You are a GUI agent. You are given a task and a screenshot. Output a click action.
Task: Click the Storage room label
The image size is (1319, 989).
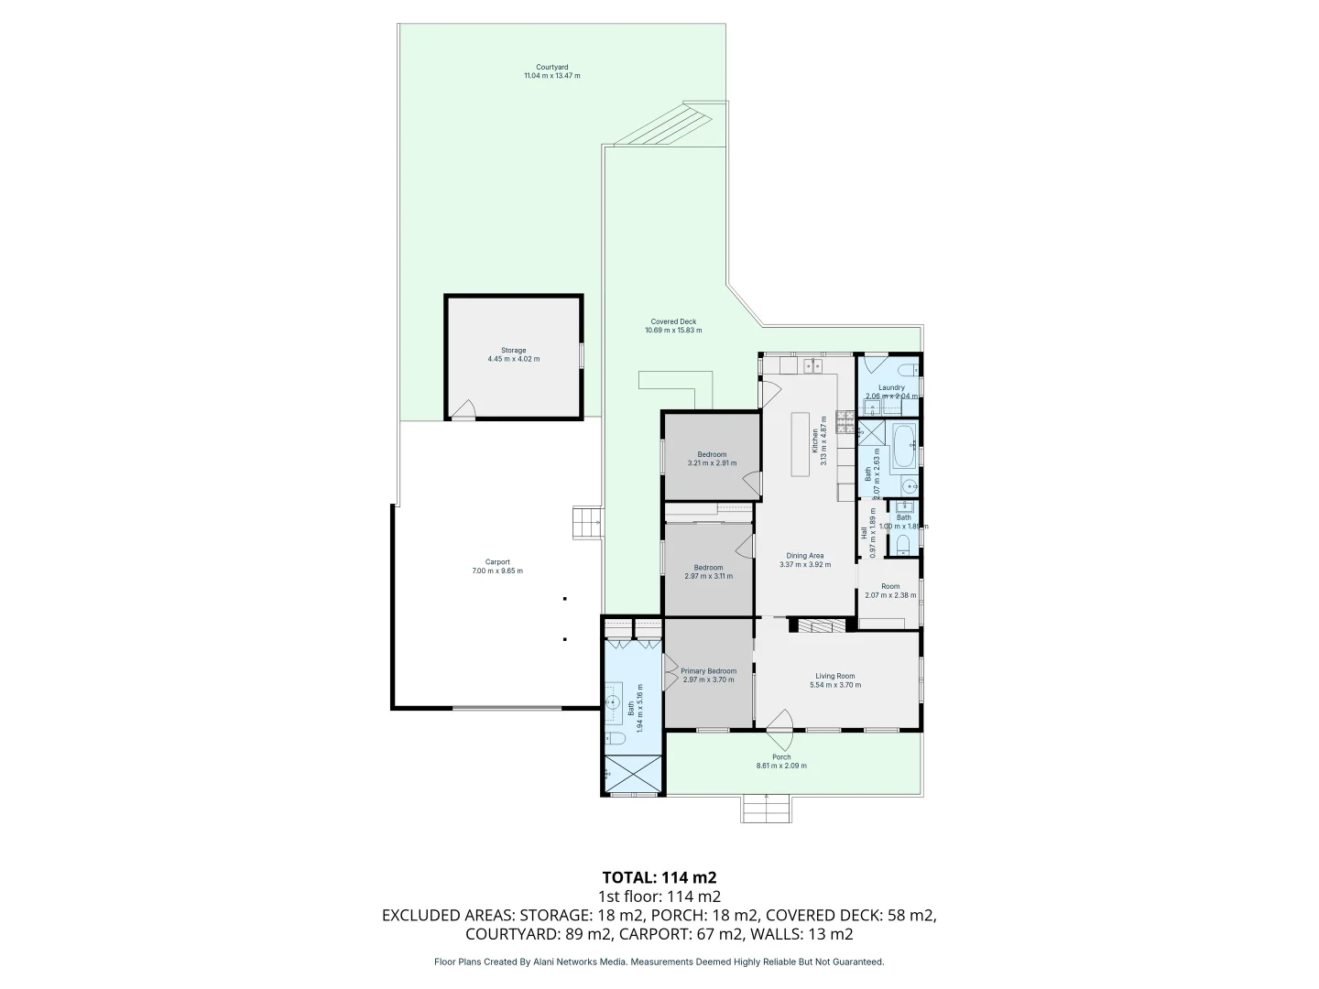513,350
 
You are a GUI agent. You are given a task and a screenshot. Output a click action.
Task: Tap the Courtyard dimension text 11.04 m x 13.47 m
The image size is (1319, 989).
551,76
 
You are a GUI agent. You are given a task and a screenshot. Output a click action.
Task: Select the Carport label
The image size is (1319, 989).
497,562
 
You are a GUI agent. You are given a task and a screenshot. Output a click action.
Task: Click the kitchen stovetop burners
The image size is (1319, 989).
843,424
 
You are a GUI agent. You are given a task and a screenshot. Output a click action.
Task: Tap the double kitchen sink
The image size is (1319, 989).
812,366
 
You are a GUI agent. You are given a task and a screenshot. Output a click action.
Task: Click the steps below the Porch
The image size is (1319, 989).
765,808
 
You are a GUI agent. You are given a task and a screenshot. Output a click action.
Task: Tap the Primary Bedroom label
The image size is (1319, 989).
708,671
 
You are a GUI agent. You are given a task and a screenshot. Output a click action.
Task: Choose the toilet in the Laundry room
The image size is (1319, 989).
907,369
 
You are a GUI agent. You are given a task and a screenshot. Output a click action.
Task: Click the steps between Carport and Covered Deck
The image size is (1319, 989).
586,524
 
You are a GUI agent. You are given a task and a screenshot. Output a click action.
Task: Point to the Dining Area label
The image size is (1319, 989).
805,556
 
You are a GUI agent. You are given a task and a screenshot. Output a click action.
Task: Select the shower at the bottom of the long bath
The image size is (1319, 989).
633,774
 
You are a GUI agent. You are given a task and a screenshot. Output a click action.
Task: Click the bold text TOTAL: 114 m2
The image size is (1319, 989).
659,877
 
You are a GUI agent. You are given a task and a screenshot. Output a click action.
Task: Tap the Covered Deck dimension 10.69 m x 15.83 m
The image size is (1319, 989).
673,330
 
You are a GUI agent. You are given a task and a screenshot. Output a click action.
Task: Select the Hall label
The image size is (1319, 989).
864,531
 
